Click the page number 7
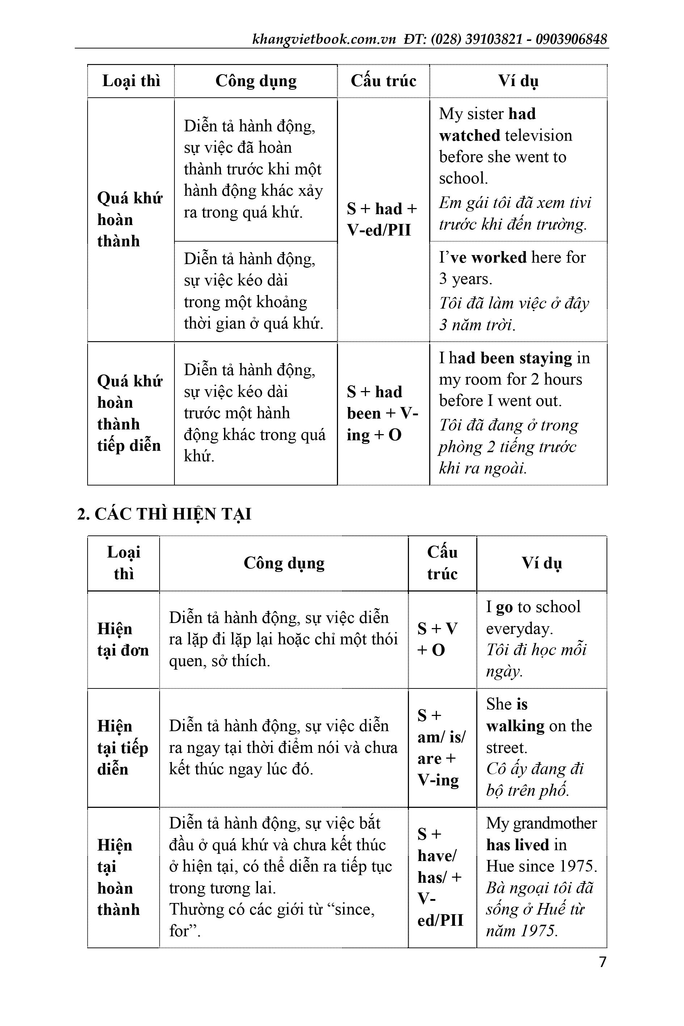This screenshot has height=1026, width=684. click(603, 962)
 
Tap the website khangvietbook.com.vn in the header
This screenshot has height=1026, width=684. click(324, 39)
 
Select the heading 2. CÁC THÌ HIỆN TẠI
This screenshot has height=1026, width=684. click(164, 514)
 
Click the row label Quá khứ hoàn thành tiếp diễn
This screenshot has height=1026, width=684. click(129, 413)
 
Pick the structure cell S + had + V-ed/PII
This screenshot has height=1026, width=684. click(382, 219)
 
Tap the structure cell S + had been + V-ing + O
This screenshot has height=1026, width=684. click(382, 413)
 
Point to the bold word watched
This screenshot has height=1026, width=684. click(469, 135)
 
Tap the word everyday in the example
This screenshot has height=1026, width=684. click(519, 628)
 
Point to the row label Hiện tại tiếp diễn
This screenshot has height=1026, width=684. click(123, 747)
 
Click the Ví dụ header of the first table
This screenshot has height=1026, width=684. click(518, 81)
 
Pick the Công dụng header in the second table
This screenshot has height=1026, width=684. click(284, 563)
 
